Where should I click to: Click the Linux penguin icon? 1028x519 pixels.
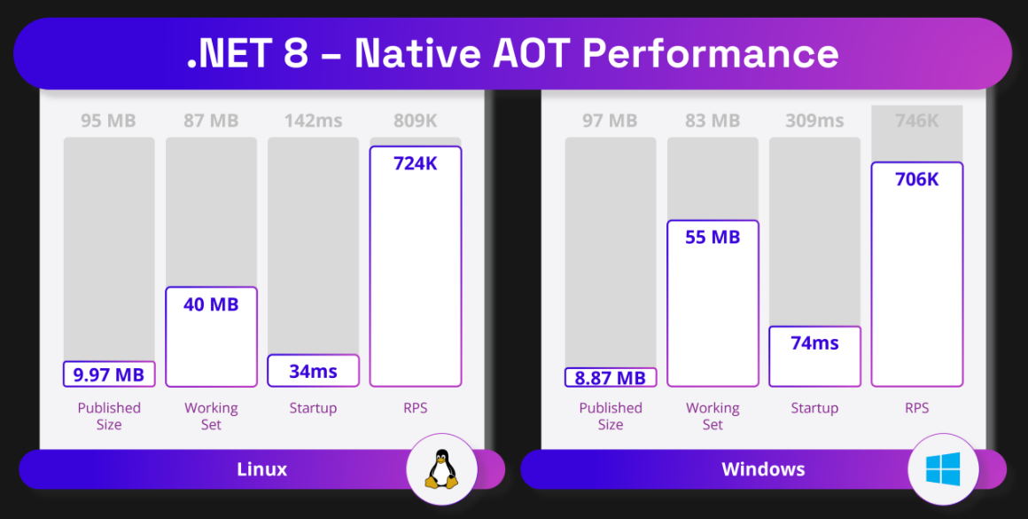click(440, 468)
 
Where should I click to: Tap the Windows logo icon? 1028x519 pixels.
click(943, 468)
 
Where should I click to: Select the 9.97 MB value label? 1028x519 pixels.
click(109, 374)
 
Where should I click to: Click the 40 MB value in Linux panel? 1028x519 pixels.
click(211, 305)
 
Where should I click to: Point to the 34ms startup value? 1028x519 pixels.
click(313, 372)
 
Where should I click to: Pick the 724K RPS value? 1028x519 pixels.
click(415, 163)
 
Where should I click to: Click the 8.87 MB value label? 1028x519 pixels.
click(610, 378)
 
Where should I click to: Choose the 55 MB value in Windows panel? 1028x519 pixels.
click(713, 238)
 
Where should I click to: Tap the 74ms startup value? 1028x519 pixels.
click(814, 343)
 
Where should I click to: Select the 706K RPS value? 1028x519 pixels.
click(916, 179)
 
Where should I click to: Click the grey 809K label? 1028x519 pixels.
click(415, 121)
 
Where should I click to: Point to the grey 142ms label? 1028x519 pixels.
click(313, 121)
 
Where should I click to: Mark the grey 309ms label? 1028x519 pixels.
click(814, 121)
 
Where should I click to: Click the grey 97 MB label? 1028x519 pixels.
click(610, 121)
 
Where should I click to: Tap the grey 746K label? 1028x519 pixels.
click(916, 121)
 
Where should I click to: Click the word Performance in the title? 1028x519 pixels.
click(711, 53)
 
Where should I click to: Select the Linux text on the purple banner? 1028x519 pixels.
click(262, 469)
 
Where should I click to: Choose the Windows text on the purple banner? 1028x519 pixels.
click(763, 469)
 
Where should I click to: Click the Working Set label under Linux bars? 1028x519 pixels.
click(211, 416)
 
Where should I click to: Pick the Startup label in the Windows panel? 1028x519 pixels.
click(814, 408)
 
